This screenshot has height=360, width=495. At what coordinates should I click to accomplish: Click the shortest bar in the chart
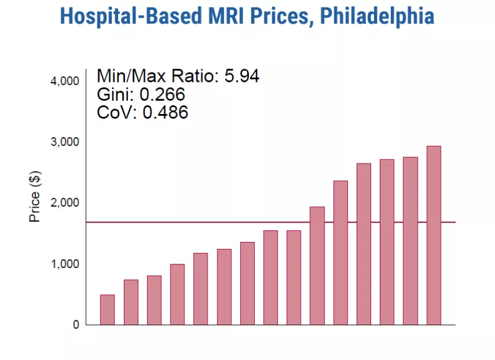[107, 309]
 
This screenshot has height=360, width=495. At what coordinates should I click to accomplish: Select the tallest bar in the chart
[433, 236]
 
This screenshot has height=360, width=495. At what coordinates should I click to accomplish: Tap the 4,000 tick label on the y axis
[65, 81]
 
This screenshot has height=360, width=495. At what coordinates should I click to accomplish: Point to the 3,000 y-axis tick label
[65, 142]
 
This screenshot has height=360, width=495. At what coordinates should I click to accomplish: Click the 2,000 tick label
[65, 203]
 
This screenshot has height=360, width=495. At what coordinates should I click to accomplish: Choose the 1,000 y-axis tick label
[65, 264]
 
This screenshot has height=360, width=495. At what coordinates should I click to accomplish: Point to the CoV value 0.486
[165, 112]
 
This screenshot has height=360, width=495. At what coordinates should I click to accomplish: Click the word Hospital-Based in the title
[123, 16]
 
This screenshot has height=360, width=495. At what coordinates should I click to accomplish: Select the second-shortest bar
[131, 302]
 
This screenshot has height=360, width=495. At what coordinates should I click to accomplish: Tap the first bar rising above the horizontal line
[317, 266]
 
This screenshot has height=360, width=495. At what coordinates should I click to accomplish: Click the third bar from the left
[154, 300]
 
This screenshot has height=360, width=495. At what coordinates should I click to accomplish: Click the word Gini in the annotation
[111, 94]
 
